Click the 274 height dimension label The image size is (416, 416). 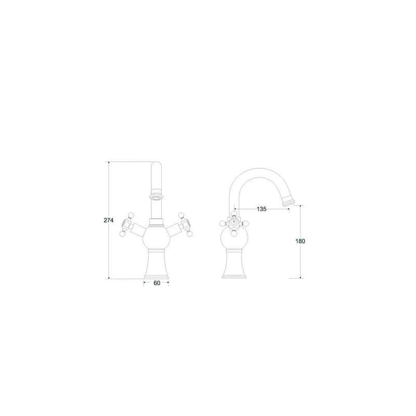(109, 220)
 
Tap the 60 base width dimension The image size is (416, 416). (157, 283)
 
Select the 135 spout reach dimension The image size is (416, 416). (262, 209)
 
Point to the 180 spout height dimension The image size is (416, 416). (301, 241)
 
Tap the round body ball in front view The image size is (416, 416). (156, 238)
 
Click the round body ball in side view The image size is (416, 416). (235, 239)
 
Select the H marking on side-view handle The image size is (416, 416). (233, 220)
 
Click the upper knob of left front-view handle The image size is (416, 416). (131, 215)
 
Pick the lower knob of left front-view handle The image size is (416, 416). (122, 234)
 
